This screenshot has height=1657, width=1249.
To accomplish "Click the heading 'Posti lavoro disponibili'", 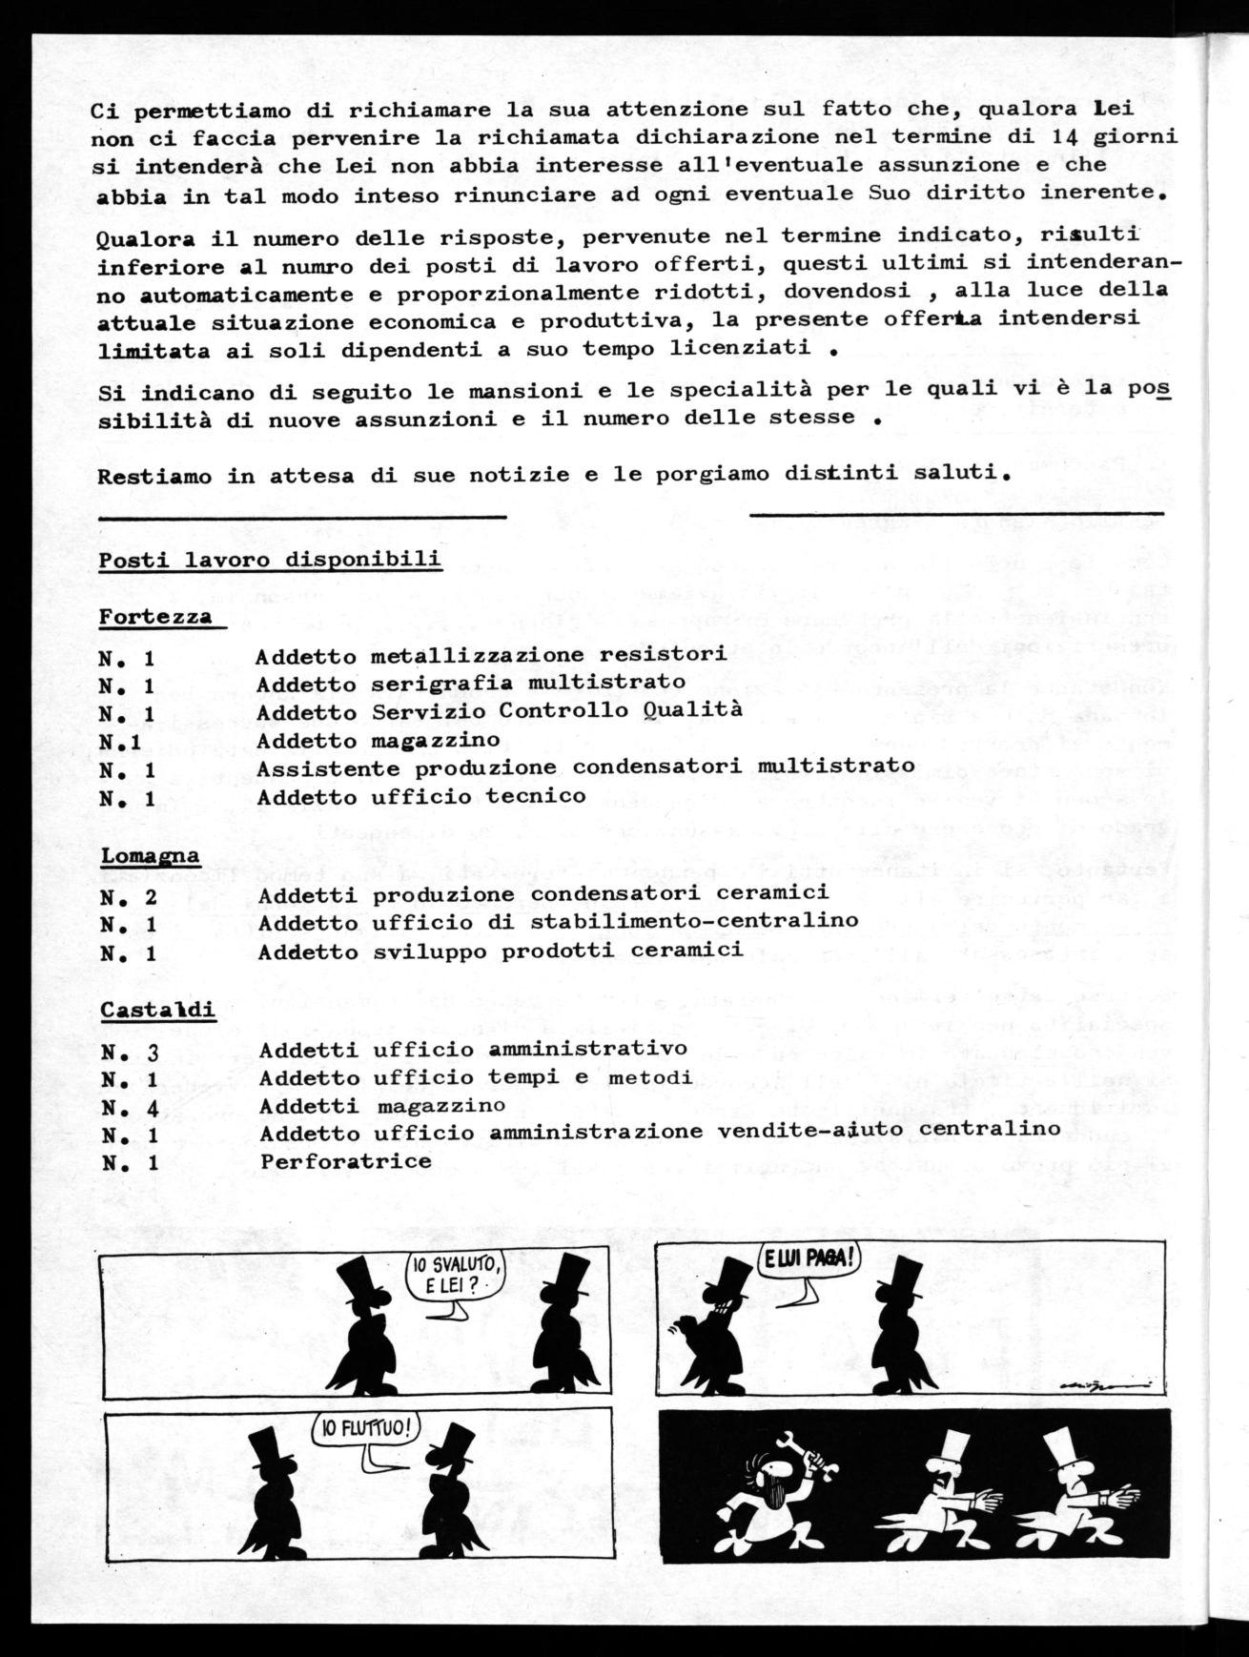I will [x=270, y=560].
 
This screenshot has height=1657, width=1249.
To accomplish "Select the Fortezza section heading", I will [x=156, y=617].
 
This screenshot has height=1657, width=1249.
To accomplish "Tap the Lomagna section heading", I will [x=151, y=855].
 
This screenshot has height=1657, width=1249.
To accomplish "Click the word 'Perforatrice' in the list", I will [x=345, y=1161].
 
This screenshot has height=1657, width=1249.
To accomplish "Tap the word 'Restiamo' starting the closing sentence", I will [x=154, y=477].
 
